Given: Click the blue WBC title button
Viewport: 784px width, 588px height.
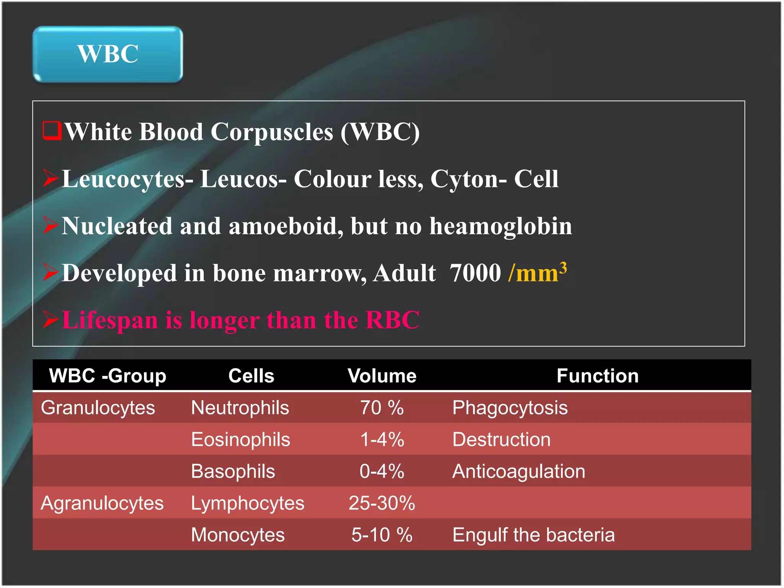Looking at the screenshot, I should click(108, 54).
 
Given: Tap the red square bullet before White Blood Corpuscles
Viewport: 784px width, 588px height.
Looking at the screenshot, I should click(52, 131).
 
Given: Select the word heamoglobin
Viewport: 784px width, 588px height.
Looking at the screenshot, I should click(501, 226).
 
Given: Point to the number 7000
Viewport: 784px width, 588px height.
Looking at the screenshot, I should click(475, 273).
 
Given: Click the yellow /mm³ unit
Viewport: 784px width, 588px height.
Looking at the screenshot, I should click(537, 273).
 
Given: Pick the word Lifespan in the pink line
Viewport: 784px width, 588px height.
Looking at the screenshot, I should click(110, 320).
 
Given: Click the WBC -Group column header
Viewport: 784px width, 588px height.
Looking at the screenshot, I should click(108, 376).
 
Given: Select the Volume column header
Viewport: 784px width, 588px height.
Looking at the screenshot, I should click(382, 376).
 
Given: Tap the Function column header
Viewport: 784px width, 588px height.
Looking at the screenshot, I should click(597, 376).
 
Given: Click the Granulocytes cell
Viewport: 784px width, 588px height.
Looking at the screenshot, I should click(98, 408).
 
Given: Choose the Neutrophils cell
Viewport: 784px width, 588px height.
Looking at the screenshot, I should click(240, 408).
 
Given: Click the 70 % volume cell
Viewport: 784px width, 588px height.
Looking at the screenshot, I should click(382, 408).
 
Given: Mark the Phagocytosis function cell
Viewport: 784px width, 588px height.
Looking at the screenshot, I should click(510, 408).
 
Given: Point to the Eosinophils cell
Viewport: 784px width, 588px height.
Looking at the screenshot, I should click(240, 439).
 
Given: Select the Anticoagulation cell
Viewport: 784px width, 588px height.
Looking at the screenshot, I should click(519, 471).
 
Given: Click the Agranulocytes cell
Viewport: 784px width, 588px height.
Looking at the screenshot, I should click(102, 503).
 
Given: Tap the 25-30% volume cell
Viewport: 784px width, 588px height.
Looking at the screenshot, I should click(382, 503).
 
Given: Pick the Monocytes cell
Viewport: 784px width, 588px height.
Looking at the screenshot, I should click(238, 535).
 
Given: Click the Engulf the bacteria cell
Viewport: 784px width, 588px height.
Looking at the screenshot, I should click(533, 535).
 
